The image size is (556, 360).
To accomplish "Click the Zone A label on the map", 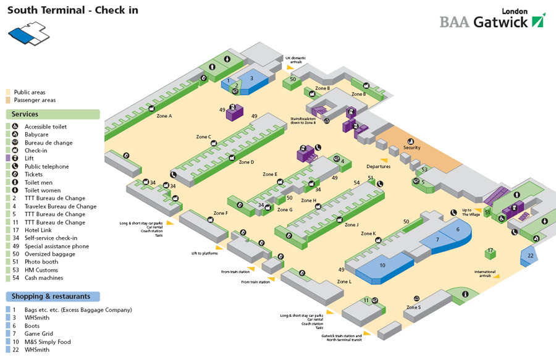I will pos(164,115).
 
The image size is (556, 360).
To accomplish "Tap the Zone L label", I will pos(344,282).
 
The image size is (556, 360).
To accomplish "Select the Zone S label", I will pos(413,307).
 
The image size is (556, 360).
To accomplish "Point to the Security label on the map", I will pos(412,148).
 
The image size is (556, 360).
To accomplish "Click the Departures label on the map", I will pos(378,167).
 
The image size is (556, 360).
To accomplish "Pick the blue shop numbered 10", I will pos(382,266).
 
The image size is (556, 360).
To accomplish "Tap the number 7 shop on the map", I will pos(437,239).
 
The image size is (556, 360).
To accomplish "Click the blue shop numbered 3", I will pos(251,79).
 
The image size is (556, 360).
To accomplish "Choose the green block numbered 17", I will pos(490,251).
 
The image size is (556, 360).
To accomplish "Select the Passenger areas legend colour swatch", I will pos(8,100).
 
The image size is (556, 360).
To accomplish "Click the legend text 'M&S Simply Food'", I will pos(48,341).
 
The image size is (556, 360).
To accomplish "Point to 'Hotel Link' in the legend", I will pos(39,230).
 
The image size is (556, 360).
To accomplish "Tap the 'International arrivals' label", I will pos(485,274).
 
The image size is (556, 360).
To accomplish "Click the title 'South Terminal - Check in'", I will pos(72,10).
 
